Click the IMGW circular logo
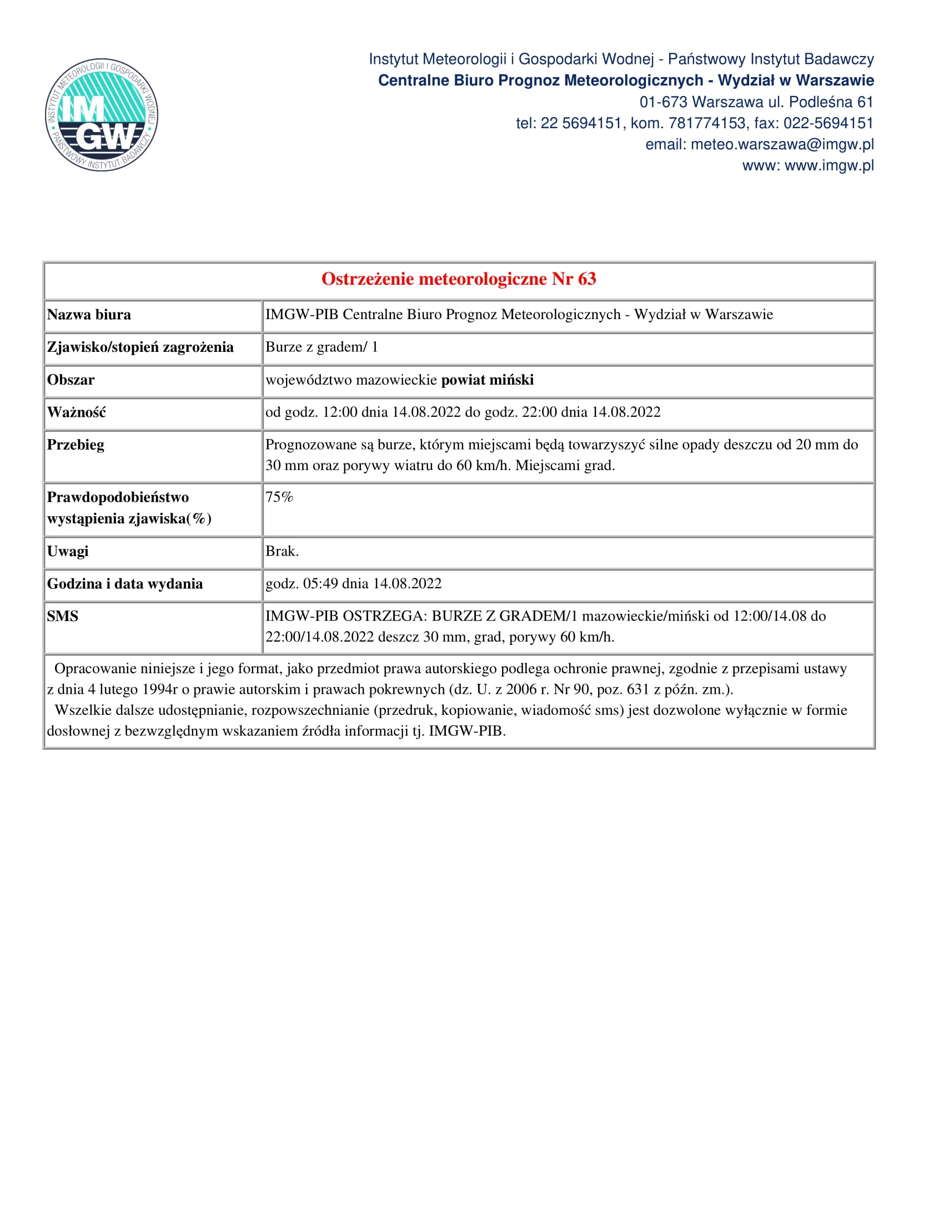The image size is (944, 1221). [x=101, y=115]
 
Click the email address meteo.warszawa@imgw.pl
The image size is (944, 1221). [x=782, y=144]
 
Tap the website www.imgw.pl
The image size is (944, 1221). [x=829, y=165]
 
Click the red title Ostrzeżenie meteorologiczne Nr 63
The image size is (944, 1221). [x=459, y=279]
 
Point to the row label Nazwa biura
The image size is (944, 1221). [x=89, y=315]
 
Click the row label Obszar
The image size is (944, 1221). [x=71, y=380]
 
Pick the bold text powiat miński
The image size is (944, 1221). [x=487, y=380]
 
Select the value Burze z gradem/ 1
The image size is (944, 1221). [x=322, y=347]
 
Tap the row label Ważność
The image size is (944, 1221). [x=76, y=412]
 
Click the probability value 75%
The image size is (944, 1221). [x=279, y=497]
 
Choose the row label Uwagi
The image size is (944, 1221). [x=68, y=551]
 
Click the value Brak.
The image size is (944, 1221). [x=282, y=551]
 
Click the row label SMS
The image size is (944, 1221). [x=63, y=616]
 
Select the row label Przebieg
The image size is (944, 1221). [x=76, y=445]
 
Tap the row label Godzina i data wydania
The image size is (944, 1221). [x=125, y=584]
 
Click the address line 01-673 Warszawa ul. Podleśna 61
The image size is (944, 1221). [x=756, y=102]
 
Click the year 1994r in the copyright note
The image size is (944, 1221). [x=160, y=689]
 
